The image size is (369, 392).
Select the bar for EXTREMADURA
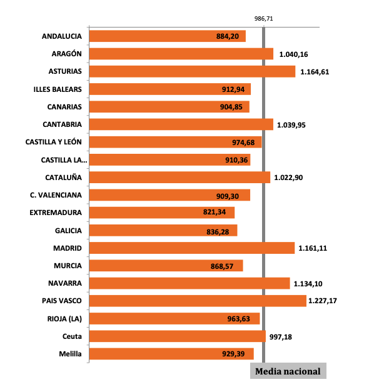pos(162,213)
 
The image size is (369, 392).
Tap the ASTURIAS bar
pos(192,71)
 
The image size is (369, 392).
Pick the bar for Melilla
pos(171,354)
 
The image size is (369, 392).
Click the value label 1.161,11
pos(312,248)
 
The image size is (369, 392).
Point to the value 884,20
pos(227,36)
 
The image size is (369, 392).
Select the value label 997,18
pos(280,336)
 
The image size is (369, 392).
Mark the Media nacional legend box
pos(288,371)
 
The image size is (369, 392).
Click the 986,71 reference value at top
pos(264,19)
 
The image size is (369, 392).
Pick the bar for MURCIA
pos(166,266)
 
